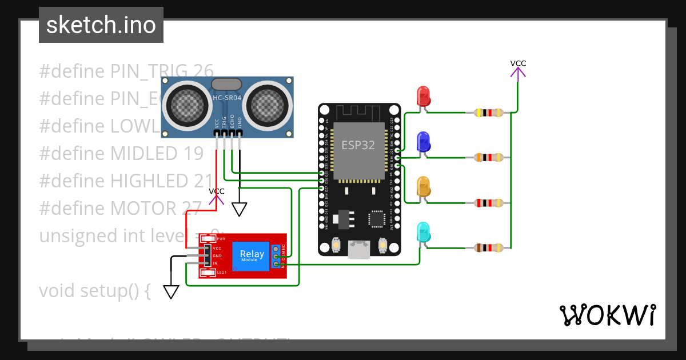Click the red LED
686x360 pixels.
pos(424,95)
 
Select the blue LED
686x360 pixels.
pos(424,141)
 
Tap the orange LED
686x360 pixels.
pos(424,186)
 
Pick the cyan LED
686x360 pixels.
pos(424,231)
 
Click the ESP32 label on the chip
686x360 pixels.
pos(358,145)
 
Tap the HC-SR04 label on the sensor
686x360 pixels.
pos(227,98)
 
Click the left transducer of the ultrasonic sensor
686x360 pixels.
pos(186,103)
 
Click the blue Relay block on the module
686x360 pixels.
pos(252,255)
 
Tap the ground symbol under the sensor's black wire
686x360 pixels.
pos(240,209)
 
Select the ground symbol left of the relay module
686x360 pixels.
pos(171,291)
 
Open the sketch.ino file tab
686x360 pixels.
pos(101,25)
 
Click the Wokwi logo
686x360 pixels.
pos(607,315)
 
